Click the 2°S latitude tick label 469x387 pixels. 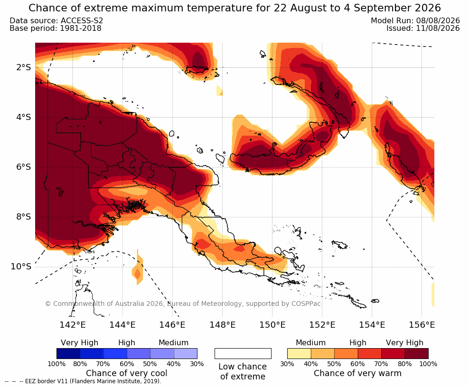tap(23, 67)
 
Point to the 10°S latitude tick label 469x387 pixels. tap(21, 266)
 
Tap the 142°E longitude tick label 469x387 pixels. tap(72, 324)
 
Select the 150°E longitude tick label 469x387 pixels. tap(272, 324)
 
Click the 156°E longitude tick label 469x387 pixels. tap(422, 324)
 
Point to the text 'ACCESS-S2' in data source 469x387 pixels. tap(82, 20)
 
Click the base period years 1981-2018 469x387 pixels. tap(80, 28)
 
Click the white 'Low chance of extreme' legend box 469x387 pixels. tap(243, 353)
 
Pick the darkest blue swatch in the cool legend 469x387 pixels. tap(68, 353)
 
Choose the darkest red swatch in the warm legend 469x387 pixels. tap(417, 353)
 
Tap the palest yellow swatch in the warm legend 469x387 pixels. tap(299, 353)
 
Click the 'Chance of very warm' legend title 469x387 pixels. tap(357, 373)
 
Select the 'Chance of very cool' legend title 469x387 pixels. tap(127, 373)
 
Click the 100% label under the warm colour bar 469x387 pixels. tap(428, 364)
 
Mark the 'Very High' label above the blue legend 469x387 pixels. tap(80, 342)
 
